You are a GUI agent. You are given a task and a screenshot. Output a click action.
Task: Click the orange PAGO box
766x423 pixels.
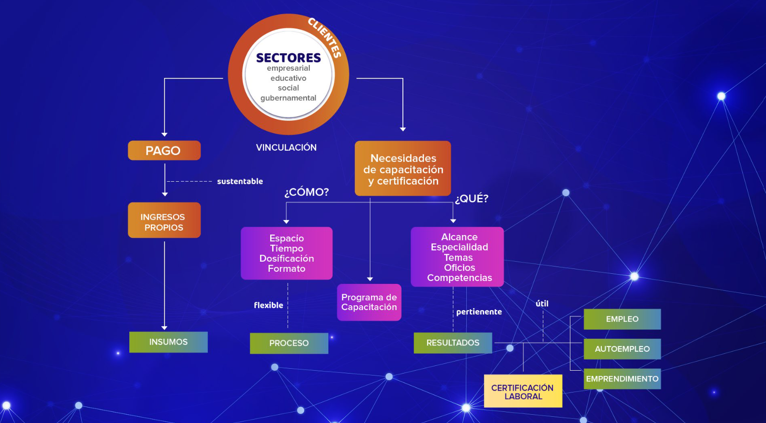164,150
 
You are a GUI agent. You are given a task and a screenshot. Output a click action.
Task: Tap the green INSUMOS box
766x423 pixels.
168,342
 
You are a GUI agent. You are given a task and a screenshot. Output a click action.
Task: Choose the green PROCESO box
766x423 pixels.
289,343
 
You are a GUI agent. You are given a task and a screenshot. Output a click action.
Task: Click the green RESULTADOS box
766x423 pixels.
453,343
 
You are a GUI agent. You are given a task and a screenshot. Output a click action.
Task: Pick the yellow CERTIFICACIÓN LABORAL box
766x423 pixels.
523,392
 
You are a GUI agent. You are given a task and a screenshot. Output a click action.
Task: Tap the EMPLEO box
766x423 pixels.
622,319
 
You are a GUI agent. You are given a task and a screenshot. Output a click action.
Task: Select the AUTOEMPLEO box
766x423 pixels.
622,349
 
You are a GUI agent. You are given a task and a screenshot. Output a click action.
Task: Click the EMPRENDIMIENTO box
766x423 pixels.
622,379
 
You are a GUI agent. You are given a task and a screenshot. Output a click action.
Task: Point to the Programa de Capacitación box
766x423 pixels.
369,302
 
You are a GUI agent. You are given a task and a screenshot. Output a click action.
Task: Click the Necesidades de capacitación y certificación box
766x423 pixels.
403,169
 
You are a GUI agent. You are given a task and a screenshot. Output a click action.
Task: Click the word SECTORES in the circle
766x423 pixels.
288,58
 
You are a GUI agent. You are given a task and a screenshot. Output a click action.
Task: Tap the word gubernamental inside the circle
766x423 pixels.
288,98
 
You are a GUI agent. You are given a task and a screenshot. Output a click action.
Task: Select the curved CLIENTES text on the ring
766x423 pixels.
325,37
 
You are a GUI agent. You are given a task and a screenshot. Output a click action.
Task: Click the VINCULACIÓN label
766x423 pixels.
286,147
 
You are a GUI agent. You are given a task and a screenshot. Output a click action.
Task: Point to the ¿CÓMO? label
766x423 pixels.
306,192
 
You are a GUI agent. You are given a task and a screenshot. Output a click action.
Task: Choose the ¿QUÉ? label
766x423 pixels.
472,199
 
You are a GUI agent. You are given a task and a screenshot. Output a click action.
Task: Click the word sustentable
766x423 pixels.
240,181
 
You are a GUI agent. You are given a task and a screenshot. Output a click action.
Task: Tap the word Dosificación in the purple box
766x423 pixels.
287,259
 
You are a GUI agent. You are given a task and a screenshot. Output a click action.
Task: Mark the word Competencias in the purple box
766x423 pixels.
460,278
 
